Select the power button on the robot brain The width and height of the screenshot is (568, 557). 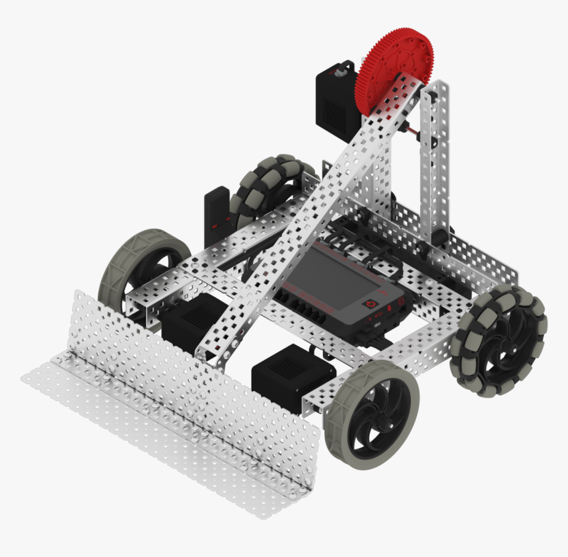pos(371,304)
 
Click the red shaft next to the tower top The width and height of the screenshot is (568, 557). pos(415,132)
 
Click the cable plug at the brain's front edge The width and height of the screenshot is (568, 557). pos(375,325)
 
